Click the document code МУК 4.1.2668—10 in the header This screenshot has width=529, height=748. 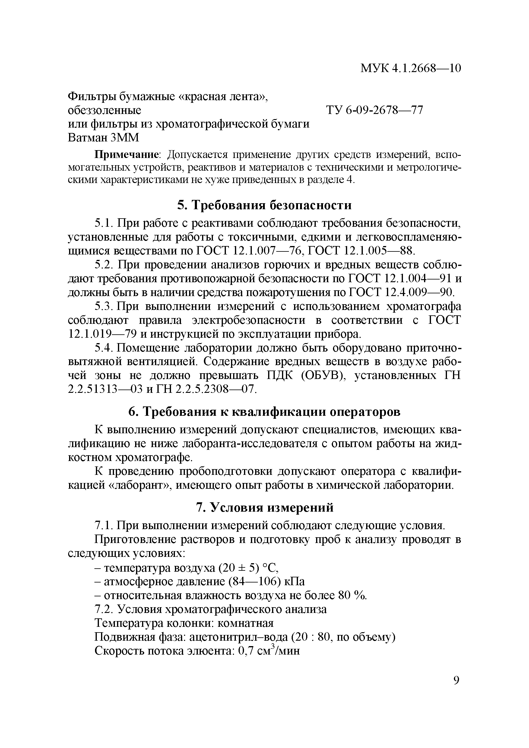pos(410,68)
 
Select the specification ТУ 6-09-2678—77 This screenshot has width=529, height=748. pos(375,110)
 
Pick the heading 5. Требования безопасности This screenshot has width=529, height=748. pos(264,205)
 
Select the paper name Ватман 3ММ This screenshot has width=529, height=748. pos(103,138)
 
